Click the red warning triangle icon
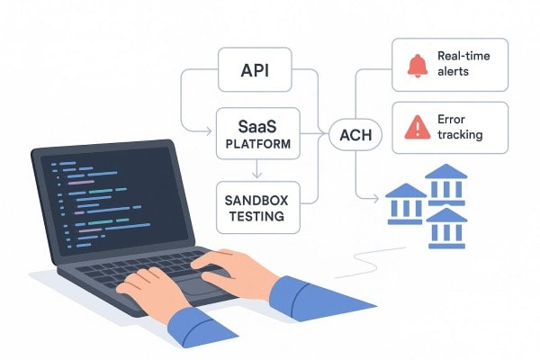417,129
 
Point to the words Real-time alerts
464,64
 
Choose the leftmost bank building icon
406,202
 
